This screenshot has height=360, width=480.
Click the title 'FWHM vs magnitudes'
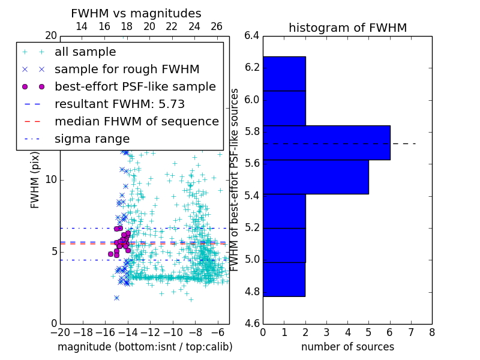[136, 13]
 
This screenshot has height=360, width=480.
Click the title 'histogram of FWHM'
[347, 28]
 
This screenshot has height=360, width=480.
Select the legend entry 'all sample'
[85, 52]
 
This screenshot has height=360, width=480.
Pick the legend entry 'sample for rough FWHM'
[127, 69]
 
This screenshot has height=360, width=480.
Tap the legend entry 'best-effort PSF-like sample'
[135, 86]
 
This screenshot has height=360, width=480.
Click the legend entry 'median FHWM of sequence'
[136, 121]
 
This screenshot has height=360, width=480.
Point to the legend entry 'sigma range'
[92, 139]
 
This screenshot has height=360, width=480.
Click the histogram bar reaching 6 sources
[326, 143]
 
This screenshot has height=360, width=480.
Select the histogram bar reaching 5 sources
[315, 177]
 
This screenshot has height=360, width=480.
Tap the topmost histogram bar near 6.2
[284, 74]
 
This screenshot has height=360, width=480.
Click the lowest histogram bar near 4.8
[284, 279]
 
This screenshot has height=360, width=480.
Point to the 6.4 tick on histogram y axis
[252, 35]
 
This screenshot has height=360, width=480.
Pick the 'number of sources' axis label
[347, 347]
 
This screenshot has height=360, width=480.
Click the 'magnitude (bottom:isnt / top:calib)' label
[145, 347]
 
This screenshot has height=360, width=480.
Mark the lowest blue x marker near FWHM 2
[116, 298]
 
